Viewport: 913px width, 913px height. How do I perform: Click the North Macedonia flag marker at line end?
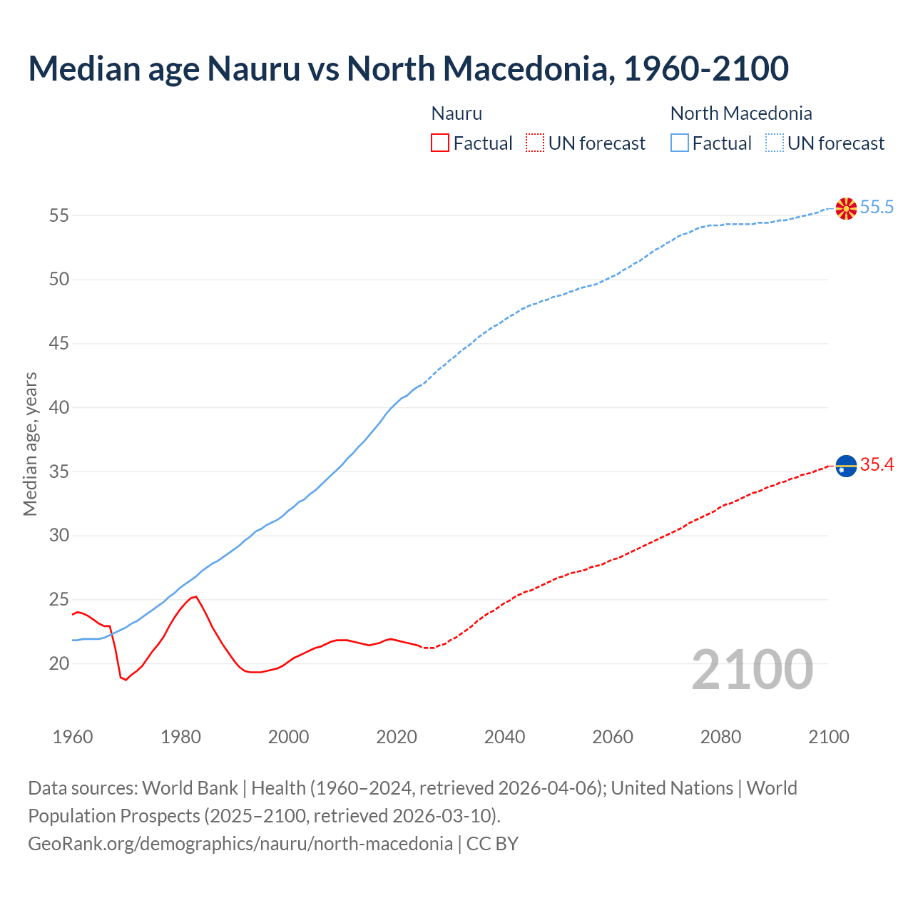[845, 208]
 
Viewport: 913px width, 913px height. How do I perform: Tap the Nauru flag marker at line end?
[845, 466]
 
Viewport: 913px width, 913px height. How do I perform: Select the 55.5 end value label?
[877, 208]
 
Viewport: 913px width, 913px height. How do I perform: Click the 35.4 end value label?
[877, 465]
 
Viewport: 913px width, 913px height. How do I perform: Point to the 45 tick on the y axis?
[59, 344]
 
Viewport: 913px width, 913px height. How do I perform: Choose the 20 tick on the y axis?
[59, 664]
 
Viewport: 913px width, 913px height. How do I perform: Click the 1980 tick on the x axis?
[180, 737]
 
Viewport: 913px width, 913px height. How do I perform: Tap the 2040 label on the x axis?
[504, 737]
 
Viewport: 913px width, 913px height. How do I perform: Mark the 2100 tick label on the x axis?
[828, 737]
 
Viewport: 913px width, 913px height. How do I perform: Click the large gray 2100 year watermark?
[752, 670]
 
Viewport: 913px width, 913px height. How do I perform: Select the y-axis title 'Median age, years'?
[30, 444]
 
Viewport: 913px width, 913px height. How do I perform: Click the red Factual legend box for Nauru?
[440, 143]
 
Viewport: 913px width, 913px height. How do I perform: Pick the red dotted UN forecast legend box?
[535, 143]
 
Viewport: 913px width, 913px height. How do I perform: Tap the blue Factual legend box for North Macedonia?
[680, 143]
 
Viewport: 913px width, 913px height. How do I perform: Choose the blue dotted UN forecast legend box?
[775, 143]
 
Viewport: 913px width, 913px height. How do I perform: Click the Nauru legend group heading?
[456, 113]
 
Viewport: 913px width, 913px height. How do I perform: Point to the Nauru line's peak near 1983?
[195, 596]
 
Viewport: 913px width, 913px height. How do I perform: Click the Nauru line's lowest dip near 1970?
[126, 680]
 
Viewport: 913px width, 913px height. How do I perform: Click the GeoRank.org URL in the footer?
[240, 844]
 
